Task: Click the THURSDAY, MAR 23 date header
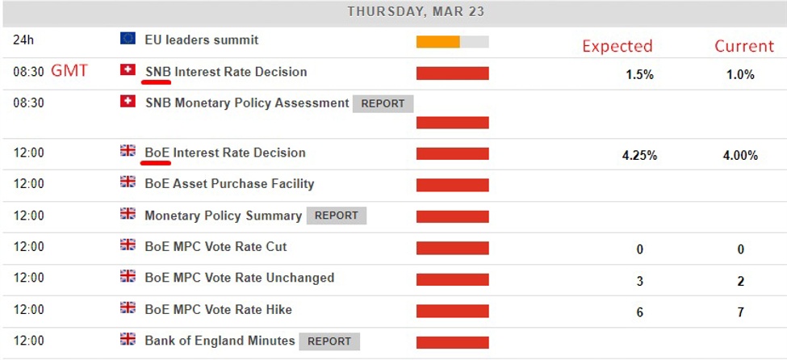(417, 12)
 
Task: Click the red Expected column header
(617, 46)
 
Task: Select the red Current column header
(744, 46)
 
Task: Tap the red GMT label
(69, 71)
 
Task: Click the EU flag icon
(128, 38)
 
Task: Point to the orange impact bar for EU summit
(437, 42)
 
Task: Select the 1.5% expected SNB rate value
(639, 74)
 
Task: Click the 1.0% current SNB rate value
(740, 74)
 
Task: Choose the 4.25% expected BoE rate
(639, 155)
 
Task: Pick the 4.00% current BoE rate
(740, 155)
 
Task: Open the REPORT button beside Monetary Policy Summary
(337, 216)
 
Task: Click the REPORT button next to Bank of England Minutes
(329, 341)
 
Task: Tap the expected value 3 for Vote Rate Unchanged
(640, 282)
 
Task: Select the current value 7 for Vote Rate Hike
(740, 312)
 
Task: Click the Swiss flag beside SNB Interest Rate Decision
(128, 70)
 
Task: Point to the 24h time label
(23, 40)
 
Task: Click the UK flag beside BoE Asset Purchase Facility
(128, 182)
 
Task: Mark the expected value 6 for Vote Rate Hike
(640, 312)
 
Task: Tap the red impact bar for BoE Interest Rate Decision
(452, 154)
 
